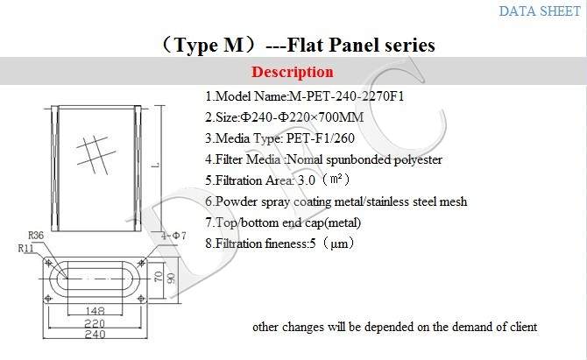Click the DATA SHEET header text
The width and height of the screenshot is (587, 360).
(540, 11)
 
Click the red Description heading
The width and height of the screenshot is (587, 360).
(293, 72)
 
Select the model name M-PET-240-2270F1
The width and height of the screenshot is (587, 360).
(347, 96)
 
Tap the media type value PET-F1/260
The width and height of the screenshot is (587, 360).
(321, 138)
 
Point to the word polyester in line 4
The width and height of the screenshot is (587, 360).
(418, 160)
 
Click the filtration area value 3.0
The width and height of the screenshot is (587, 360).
(307, 180)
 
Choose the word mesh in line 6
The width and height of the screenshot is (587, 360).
(453, 201)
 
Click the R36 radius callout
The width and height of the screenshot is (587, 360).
(36, 236)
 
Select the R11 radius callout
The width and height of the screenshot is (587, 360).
(25, 248)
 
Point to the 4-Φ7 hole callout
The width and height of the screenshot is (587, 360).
(173, 236)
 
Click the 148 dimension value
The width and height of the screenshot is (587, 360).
(95, 311)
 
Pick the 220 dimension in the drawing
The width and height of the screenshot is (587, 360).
(95, 323)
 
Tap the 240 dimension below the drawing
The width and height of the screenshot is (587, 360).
(95, 334)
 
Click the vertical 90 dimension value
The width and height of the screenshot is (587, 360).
(171, 278)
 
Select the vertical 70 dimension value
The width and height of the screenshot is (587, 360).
(159, 277)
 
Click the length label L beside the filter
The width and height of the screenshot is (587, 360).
(157, 165)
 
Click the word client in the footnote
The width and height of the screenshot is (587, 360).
(524, 327)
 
